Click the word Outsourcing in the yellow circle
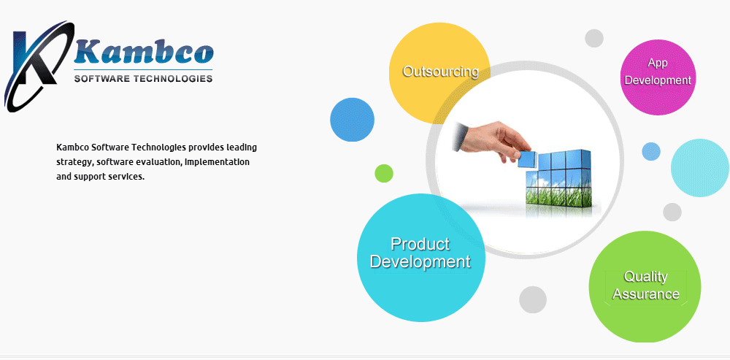(440, 72)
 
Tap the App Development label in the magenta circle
(658, 72)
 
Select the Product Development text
(420, 253)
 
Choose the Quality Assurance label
(646, 285)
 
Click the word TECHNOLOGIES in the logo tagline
(173, 78)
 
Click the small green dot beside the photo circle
(384, 173)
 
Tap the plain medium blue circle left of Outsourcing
(352, 120)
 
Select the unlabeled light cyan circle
(700, 168)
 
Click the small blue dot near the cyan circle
(651, 151)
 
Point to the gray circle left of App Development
(594, 38)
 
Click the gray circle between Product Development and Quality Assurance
(533, 299)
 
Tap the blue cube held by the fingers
(526, 159)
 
